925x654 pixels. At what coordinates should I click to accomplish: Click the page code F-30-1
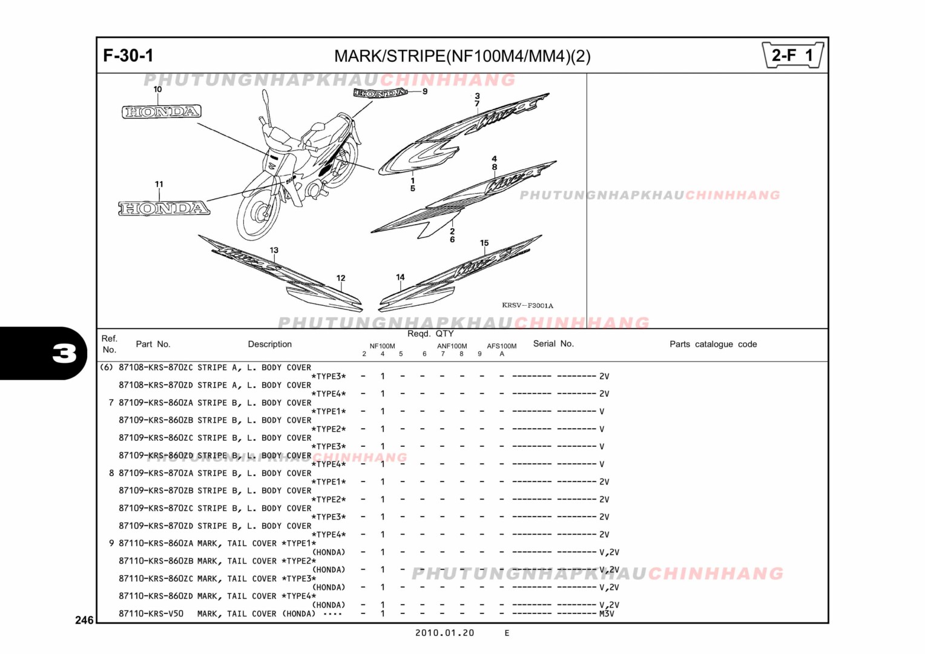(x=128, y=56)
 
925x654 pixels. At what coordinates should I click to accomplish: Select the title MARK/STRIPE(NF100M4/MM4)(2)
(x=462, y=56)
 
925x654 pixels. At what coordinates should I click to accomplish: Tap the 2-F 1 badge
(x=792, y=56)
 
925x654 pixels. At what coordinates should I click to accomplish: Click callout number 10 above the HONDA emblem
(x=157, y=89)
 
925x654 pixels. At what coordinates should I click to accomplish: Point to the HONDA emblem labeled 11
(x=164, y=208)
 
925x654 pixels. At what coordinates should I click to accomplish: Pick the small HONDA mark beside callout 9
(x=380, y=93)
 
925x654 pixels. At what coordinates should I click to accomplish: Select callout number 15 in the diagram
(x=484, y=243)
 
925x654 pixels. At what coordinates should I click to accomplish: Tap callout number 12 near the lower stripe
(x=341, y=278)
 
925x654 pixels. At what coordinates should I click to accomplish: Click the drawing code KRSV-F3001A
(x=527, y=306)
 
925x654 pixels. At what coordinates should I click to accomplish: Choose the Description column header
(x=269, y=344)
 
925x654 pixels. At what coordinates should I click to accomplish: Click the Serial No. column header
(x=553, y=343)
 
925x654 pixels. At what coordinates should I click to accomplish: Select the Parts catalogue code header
(x=713, y=344)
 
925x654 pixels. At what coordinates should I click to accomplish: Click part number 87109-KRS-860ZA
(x=156, y=403)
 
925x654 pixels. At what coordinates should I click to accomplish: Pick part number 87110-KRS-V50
(x=151, y=613)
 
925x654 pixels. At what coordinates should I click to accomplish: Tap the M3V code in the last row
(x=607, y=613)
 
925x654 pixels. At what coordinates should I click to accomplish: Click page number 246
(x=84, y=619)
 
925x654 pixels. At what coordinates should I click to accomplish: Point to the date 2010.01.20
(x=444, y=633)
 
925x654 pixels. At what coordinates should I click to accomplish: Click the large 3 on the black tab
(x=64, y=353)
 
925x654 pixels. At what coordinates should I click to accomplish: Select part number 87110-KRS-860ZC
(x=156, y=578)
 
